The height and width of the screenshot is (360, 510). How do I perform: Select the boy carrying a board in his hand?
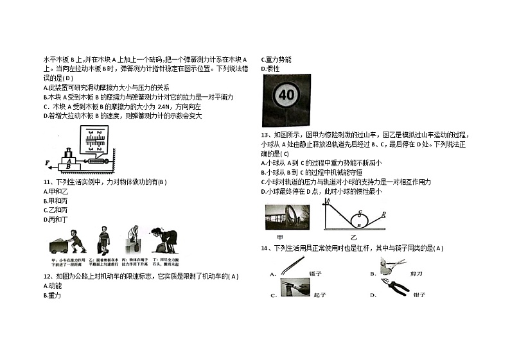click(x=104, y=241)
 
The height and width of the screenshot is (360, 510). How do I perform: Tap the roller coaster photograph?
click(x=286, y=216)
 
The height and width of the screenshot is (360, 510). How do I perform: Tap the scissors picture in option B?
click(x=392, y=263)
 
